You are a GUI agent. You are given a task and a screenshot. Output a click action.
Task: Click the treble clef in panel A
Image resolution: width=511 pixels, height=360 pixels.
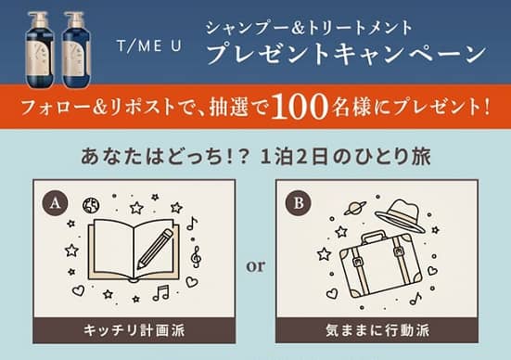(195, 255)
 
